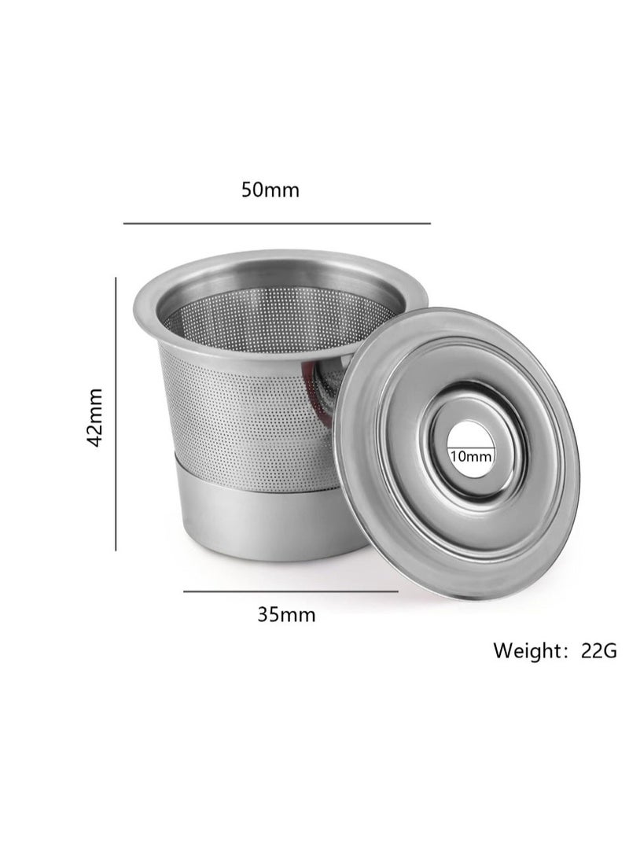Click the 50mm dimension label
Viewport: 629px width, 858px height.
click(x=270, y=190)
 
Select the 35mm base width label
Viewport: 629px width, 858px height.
click(x=286, y=614)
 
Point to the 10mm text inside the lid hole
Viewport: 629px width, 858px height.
click(x=471, y=456)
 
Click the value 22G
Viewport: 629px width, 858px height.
click(x=598, y=650)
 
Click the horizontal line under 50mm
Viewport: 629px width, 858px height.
click(x=277, y=223)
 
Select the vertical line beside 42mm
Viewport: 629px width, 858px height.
click(x=116, y=414)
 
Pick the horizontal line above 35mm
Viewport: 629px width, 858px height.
click(x=290, y=591)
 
